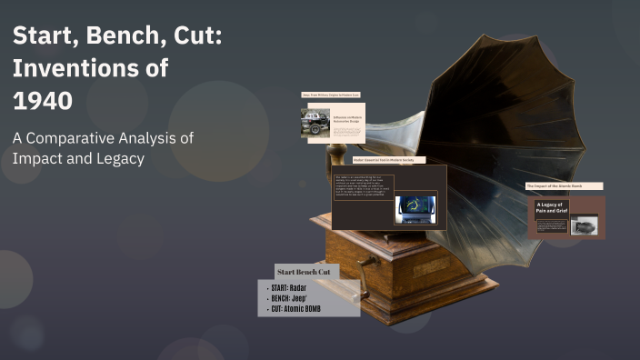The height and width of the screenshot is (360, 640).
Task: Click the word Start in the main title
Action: [x=41, y=38]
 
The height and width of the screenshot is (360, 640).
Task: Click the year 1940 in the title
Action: [x=43, y=100]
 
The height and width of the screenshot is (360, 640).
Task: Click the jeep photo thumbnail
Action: [x=315, y=123]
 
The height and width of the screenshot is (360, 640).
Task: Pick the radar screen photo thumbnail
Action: [x=415, y=208]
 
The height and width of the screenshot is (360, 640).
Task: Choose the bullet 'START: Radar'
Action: [x=287, y=288]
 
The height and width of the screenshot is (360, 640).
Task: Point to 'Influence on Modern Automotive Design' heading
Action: [x=348, y=119]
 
